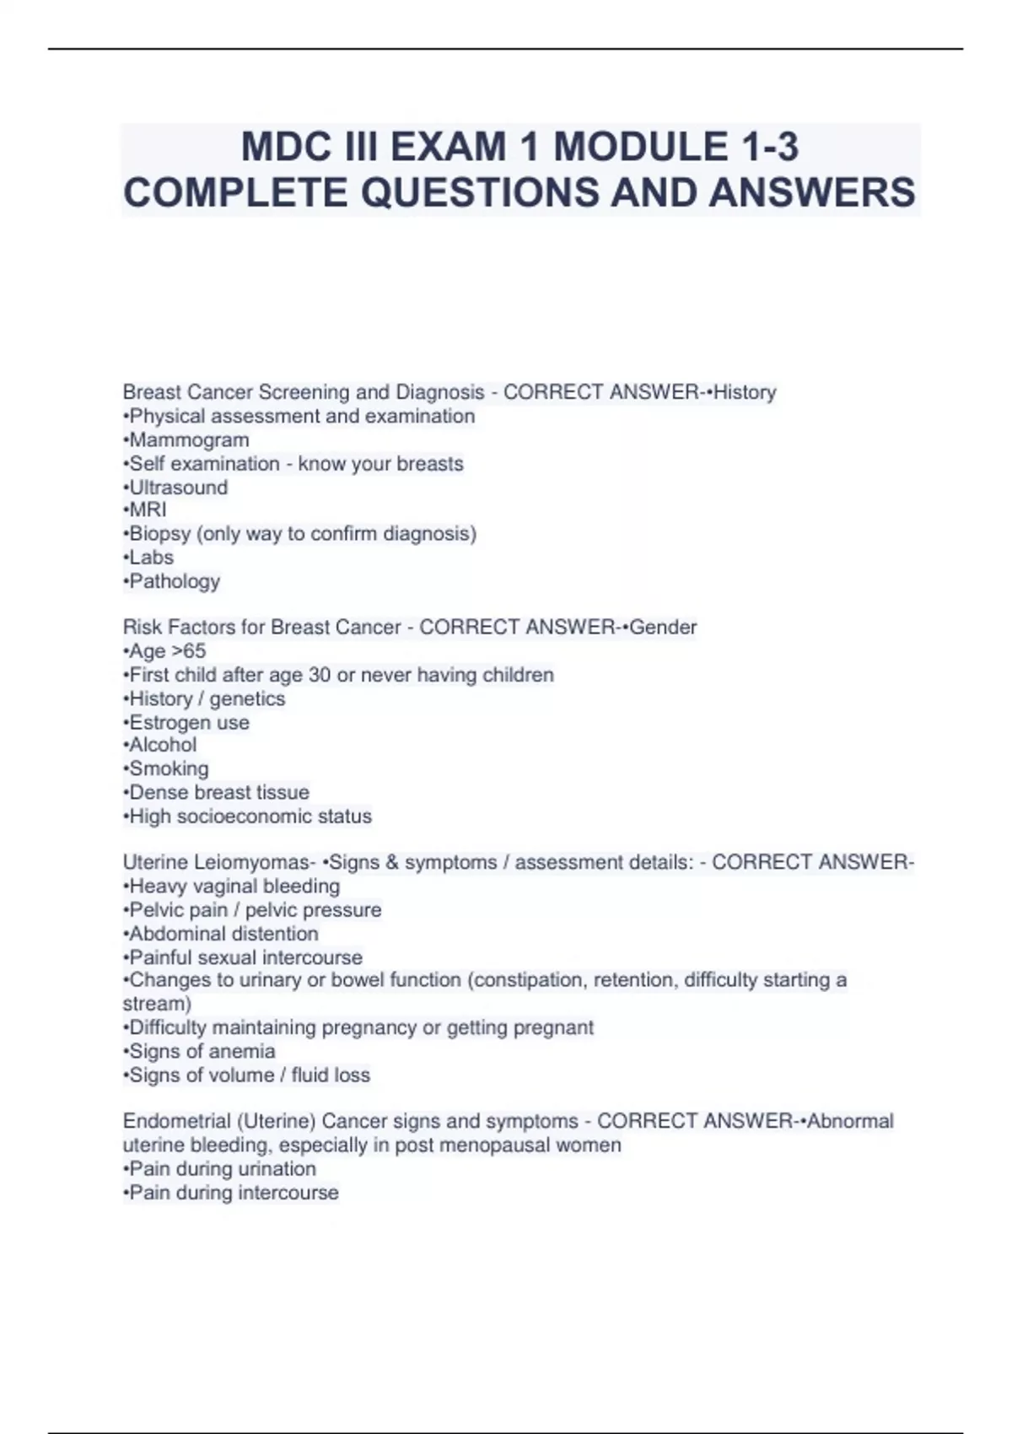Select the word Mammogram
[x=189, y=439]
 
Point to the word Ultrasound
[x=178, y=487]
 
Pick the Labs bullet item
[x=151, y=558]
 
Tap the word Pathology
[x=174, y=581]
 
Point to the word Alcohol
[x=163, y=745]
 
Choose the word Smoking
[x=169, y=768]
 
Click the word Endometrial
[x=176, y=1121]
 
